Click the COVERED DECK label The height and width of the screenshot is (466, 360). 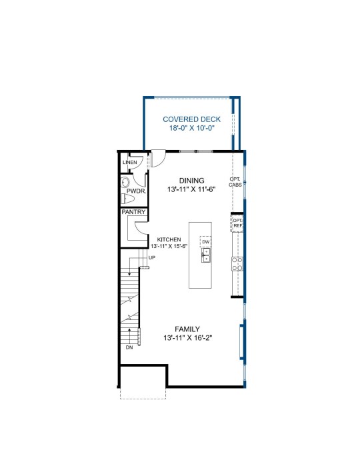click(x=192, y=119)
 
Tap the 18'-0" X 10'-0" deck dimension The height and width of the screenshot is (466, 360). click(x=192, y=128)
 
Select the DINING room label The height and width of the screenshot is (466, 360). click(x=192, y=181)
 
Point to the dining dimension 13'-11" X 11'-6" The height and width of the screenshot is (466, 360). click(x=191, y=189)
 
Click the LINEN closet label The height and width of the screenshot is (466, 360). click(x=130, y=162)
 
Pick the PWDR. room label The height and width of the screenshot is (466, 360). click(x=137, y=191)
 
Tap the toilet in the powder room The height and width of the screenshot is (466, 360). click(x=128, y=199)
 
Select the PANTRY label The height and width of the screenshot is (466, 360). click(x=133, y=212)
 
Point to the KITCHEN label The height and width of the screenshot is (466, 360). click(x=169, y=239)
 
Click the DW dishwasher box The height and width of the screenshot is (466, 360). click(x=206, y=242)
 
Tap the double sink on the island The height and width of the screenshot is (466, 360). click(x=206, y=255)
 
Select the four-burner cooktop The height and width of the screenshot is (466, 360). click(x=237, y=264)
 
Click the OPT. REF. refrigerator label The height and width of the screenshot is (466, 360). click(x=238, y=223)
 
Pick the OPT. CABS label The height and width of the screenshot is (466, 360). click(x=235, y=182)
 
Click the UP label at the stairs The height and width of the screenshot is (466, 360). click(x=151, y=258)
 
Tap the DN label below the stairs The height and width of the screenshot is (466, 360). click(x=129, y=347)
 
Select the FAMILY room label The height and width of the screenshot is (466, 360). click(x=187, y=329)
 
